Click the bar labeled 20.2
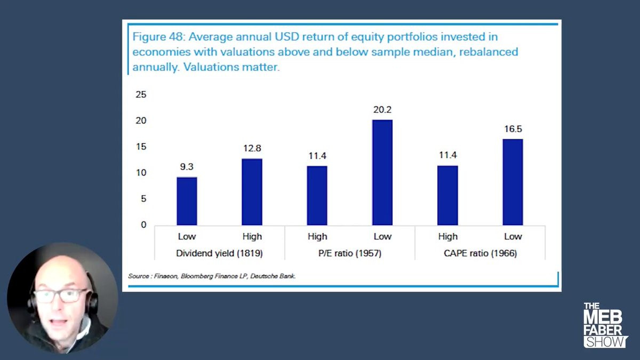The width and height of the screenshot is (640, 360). click(382, 172)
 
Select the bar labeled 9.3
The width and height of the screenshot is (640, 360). click(187, 201)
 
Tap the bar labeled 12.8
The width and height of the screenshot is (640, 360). click(252, 192)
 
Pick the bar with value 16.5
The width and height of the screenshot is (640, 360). click(513, 182)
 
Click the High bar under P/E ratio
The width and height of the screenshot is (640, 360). click(317, 195)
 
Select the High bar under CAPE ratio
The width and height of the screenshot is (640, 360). click(447, 195)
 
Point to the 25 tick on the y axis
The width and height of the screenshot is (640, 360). click(141, 95)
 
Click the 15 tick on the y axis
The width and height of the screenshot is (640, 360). click(141, 147)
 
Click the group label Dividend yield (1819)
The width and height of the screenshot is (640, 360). click(219, 253)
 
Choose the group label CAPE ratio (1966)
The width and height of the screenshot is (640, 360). click(480, 253)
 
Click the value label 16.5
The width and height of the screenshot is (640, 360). click(513, 130)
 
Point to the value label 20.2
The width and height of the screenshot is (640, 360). click(382, 110)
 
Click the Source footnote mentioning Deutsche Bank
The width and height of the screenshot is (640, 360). click(212, 276)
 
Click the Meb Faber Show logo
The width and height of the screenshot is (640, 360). click(605, 325)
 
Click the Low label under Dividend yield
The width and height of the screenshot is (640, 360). click(187, 237)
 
